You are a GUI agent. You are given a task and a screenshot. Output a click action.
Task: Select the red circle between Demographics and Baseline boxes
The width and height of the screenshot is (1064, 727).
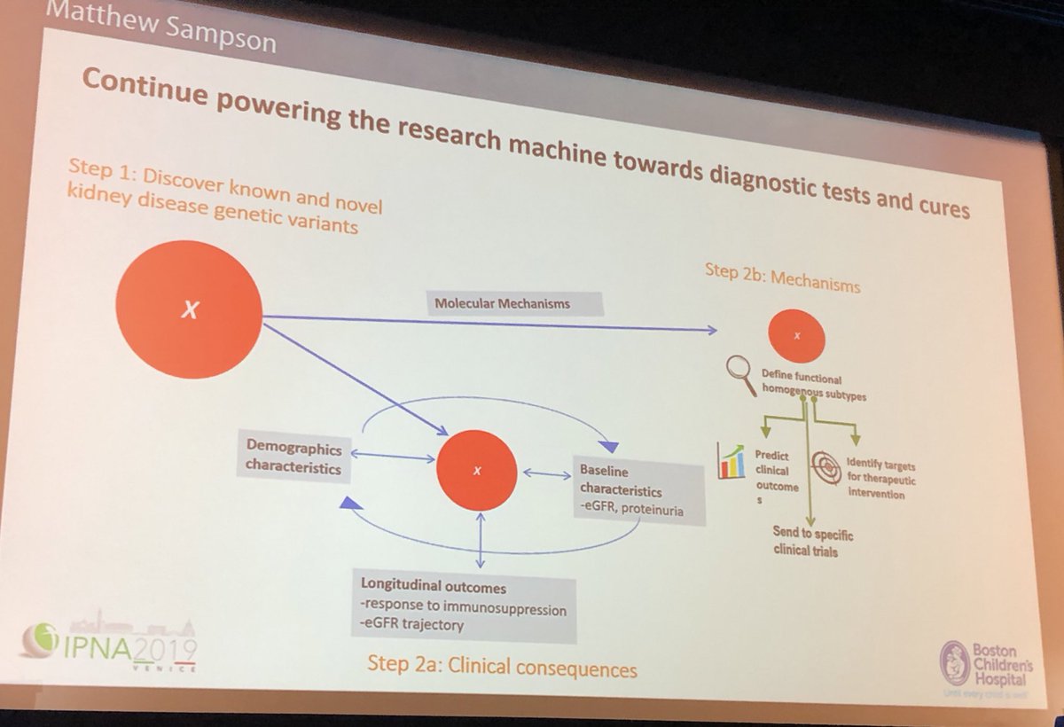[x=477, y=469]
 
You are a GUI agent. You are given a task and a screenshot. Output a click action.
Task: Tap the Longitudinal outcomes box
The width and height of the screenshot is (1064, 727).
[x=463, y=607]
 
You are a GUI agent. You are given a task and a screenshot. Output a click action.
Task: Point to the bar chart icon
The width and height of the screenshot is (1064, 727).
[x=731, y=459]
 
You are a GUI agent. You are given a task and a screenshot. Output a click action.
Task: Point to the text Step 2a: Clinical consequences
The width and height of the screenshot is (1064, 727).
[x=502, y=667]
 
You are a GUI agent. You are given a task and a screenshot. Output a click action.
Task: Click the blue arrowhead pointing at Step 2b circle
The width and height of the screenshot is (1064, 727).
[x=711, y=331]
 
